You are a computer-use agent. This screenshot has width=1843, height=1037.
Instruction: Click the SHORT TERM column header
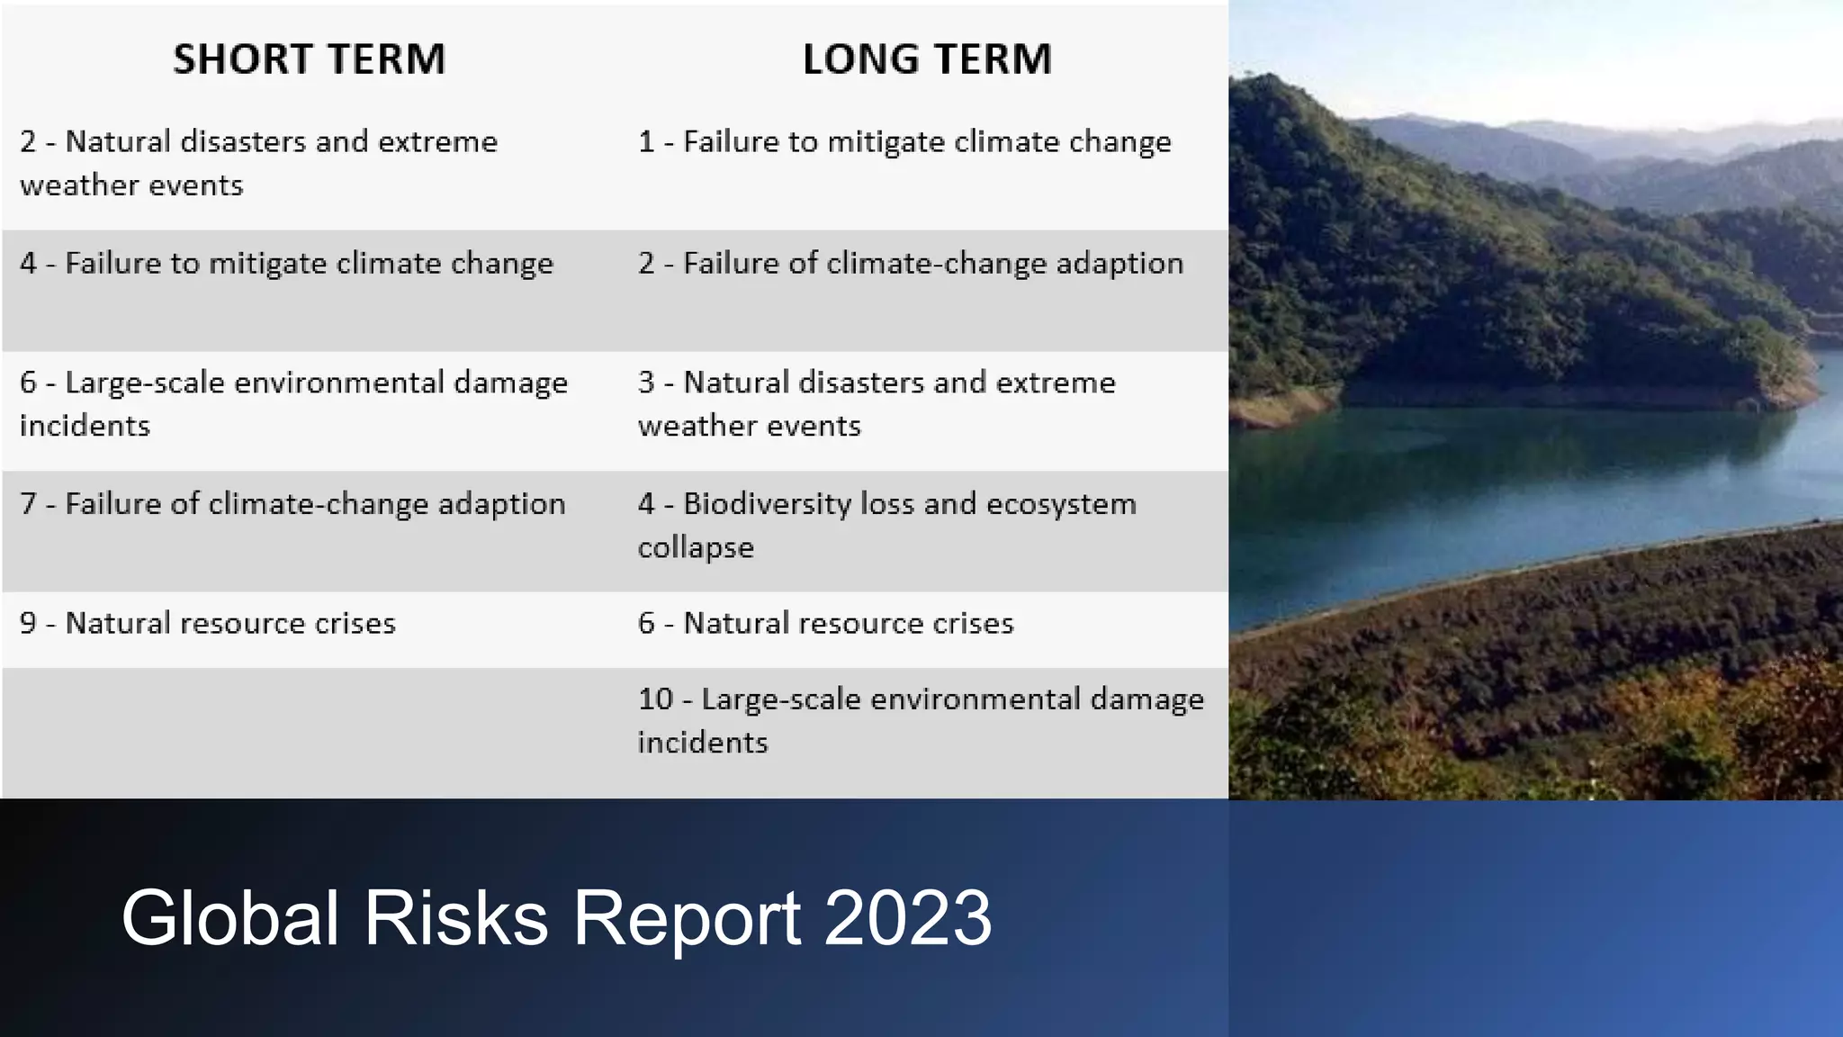tap(310, 59)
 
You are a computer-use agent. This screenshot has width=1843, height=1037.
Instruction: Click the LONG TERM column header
tap(927, 59)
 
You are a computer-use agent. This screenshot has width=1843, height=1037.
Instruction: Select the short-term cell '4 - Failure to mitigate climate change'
tap(286, 264)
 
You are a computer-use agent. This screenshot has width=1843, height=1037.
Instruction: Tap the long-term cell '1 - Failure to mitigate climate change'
tap(904, 142)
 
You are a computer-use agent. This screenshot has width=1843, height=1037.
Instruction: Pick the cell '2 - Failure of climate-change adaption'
tap(910, 264)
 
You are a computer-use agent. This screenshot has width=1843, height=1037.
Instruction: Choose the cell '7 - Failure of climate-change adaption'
tap(292, 504)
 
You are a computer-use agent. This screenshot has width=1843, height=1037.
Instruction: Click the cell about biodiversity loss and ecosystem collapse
tap(886, 525)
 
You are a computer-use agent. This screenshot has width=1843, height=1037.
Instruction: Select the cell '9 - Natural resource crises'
tap(208, 624)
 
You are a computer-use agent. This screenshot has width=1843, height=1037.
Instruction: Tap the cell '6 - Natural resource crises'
tap(825, 624)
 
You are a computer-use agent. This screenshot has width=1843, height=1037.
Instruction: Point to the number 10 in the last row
tap(655, 699)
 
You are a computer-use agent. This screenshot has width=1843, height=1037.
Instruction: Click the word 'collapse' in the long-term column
tap(696, 548)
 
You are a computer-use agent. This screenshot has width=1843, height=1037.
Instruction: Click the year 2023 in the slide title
tap(907, 918)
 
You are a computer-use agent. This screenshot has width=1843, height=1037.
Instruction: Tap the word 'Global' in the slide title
tap(229, 918)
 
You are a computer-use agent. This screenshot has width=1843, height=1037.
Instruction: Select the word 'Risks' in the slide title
tap(455, 918)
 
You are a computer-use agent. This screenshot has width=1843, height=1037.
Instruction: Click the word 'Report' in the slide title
tap(687, 918)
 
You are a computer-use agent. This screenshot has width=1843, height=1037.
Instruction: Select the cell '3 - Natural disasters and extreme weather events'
tap(876, 404)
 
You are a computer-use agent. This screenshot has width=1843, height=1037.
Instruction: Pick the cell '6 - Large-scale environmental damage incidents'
tap(293, 404)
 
